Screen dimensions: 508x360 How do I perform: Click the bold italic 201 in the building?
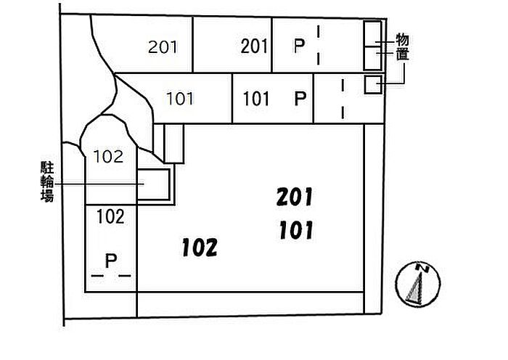(295, 197)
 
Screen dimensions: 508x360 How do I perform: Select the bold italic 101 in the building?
(296, 230)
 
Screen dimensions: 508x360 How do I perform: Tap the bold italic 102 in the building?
(200, 247)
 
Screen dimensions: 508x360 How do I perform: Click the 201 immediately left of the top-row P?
(254, 46)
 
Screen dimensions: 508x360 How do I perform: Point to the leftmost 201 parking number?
(163, 47)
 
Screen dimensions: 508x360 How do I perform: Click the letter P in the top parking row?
(299, 46)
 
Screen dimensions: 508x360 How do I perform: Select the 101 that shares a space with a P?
(256, 99)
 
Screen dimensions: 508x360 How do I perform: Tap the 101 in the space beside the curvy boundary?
(180, 99)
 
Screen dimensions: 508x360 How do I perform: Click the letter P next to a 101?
(300, 99)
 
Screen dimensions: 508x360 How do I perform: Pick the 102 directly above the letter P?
(110, 217)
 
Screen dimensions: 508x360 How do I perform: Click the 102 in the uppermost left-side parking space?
(108, 157)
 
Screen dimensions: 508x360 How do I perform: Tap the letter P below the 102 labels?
(111, 261)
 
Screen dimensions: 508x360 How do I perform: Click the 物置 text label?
(402, 47)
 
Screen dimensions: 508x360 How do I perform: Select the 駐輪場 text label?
(47, 181)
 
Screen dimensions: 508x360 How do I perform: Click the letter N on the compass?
(422, 268)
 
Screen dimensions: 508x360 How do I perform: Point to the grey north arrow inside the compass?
(416, 287)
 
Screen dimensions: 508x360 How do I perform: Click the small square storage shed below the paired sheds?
(373, 85)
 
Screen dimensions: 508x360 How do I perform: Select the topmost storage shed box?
(372, 33)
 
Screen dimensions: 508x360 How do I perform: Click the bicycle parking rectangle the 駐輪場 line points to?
(154, 184)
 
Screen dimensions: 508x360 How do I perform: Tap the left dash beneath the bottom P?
(97, 276)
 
